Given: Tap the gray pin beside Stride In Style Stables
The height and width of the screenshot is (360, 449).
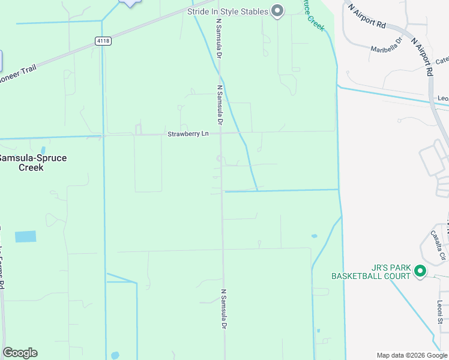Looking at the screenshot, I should pos(277,10).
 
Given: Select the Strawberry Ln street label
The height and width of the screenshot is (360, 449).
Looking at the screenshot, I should pos(188,134).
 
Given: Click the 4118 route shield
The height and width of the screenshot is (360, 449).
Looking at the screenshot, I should pos(103,41).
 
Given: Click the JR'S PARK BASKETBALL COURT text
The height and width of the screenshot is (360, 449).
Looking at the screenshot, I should pos(371,272).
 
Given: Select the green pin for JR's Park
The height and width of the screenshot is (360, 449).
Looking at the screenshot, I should pos(420,272).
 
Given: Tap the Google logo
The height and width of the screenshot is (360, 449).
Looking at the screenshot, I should pos(20,353).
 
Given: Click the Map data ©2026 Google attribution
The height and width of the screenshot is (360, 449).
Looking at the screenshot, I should pos(412,355).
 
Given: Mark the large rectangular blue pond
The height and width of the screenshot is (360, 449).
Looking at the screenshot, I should pos(25,236).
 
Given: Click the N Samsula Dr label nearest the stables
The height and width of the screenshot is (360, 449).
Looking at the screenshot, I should pos(219,38).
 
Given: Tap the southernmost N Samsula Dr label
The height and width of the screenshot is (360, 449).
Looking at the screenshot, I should pos(223,309).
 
